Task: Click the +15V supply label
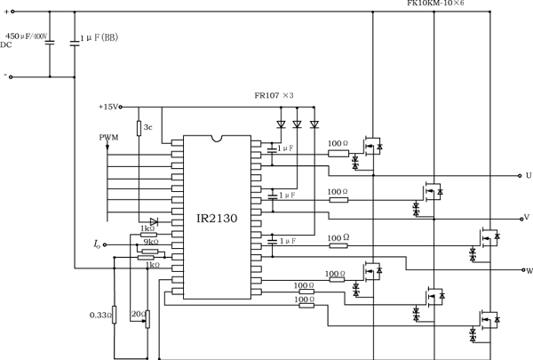[110, 107]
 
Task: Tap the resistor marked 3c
[139, 128]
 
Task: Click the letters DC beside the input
[6, 44]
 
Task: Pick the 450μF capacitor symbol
[50, 41]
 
